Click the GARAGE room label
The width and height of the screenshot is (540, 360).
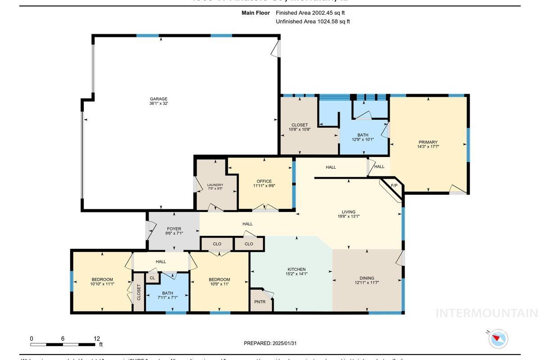pos(158,99)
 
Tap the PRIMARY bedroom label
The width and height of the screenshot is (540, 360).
pos(428,142)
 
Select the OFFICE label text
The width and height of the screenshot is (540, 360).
pos(264,181)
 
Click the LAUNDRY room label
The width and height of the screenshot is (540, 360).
pos(215,185)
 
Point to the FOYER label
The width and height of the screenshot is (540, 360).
pos(174,229)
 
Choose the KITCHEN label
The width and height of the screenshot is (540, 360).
pos(296,270)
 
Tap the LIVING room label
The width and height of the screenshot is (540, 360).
pos(348,212)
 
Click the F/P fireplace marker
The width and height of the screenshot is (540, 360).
pos(394,185)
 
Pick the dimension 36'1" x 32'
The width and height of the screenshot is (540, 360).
pos(158,103)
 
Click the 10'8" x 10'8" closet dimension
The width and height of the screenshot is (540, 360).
pos(299,130)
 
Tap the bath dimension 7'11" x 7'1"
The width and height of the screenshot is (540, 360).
pos(167,297)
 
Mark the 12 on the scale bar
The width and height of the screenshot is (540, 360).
pos(97,338)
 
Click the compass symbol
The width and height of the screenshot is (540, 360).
pos(498,338)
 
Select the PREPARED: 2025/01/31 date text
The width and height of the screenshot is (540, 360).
pos(270,343)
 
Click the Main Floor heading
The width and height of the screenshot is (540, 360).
pos(256,13)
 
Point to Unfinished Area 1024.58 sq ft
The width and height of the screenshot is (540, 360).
pos(313,22)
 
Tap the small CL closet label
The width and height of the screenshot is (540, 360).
pos(152,278)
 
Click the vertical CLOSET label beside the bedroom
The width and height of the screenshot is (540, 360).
pos(139,292)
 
